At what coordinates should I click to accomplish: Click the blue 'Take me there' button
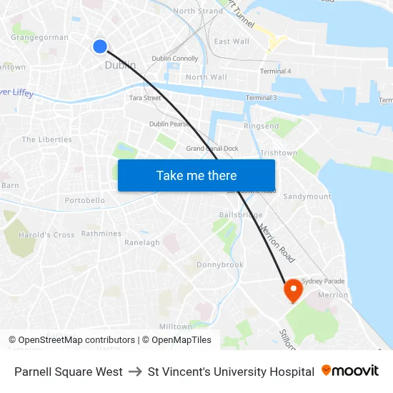coord(196,175)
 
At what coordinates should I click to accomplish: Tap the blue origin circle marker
coord(99,46)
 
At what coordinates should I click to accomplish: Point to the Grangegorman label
coord(40,37)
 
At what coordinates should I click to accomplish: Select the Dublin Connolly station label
coord(175,59)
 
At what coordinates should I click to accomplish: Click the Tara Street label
coord(145,98)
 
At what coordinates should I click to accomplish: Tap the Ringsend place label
coord(262,126)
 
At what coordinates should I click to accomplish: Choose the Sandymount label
coord(307,196)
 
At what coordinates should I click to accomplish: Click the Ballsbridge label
coord(241,214)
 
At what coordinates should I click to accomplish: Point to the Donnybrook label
coord(220,264)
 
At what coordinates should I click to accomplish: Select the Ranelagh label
coord(142,242)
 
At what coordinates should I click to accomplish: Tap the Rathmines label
coord(101,233)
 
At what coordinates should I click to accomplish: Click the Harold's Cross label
coord(46,234)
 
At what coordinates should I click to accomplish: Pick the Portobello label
coord(85,201)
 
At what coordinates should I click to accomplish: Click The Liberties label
coord(47,139)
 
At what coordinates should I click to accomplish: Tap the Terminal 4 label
coord(275,71)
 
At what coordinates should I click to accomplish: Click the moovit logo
coord(350,371)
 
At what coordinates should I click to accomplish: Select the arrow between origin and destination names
coord(135,372)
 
